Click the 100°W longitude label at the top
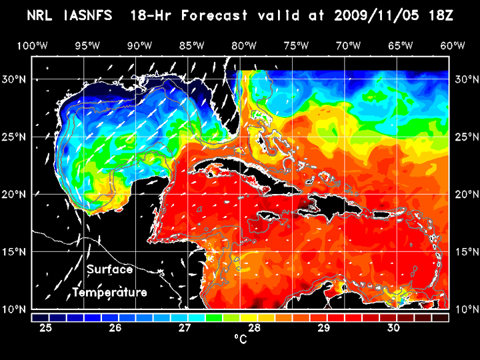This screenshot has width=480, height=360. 33,45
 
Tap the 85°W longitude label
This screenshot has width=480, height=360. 191,45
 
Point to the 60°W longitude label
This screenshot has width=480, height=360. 453,45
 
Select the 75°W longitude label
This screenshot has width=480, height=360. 296,45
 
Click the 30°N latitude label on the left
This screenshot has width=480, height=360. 17,79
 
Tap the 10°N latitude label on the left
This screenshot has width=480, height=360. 17,309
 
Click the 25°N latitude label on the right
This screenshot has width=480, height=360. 464,137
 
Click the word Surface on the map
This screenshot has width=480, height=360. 109,270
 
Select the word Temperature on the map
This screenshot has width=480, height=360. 109,293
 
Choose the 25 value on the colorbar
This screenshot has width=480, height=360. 46,328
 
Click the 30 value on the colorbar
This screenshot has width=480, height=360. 393,328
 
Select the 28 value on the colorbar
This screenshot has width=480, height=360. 254,328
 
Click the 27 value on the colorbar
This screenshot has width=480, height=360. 185,328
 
